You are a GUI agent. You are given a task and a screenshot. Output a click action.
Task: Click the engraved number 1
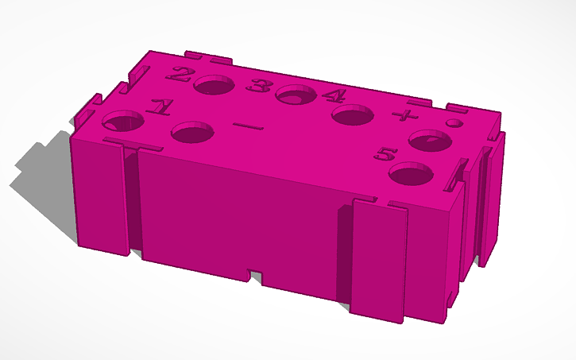[x=160, y=106]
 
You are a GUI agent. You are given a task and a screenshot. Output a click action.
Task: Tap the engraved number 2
[x=181, y=75]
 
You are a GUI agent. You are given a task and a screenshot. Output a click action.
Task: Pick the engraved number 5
[x=387, y=153]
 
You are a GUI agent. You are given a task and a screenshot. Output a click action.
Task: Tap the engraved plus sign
[x=405, y=116]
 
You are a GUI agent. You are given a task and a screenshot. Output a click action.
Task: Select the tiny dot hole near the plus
[x=454, y=123]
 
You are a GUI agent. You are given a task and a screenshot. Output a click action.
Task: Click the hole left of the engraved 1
[x=123, y=122]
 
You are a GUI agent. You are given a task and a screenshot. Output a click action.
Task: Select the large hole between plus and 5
[x=430, y=142]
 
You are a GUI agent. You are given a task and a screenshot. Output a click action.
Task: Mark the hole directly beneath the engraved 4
[x=353, y=116]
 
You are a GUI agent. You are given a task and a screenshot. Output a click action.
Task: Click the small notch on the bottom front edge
[x=255, y=275]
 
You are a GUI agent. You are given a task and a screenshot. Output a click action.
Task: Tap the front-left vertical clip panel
[x=102, y=199]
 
